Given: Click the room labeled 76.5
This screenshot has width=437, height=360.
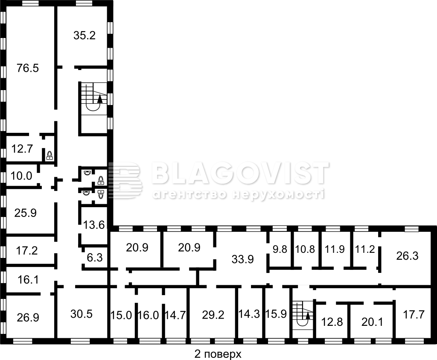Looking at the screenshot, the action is (x=28, y=68).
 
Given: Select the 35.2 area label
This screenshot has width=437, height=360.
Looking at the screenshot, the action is (x=84, y=35).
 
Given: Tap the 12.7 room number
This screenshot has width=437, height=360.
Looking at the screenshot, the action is (x=22, y=149).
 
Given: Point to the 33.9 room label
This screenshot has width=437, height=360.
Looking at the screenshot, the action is (x=243, y=259).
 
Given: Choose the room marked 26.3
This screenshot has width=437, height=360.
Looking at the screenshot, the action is (x=407, y=256).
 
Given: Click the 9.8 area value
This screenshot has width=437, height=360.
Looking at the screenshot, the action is (x=280, y=249).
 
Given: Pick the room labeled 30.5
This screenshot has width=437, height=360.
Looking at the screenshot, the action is (x=82, y=314).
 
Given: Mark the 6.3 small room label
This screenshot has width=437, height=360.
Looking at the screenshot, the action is (x=95, y=258).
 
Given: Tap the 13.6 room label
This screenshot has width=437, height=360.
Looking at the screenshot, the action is (x=94, y=225).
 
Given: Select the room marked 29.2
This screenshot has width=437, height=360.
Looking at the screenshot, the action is (x=213, y=315).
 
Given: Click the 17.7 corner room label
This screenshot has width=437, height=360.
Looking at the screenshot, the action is (x=414, y=315).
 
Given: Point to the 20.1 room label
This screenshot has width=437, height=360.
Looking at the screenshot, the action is (x=372, y=322).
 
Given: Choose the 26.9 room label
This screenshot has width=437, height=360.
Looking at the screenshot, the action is (x=28, y=317).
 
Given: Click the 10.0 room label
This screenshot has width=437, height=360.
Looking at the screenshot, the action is (x=21, y=176).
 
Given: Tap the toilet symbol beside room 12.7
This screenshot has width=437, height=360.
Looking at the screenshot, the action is (x=50, y=155).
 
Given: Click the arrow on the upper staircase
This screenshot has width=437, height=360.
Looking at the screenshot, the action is (x=99, y=99).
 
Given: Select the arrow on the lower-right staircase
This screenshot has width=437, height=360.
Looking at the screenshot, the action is (x=308, y=316).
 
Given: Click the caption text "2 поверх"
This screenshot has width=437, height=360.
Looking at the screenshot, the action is (x=217, y=354).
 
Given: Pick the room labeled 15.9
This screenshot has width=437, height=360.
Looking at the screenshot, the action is (x=276, y=314).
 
